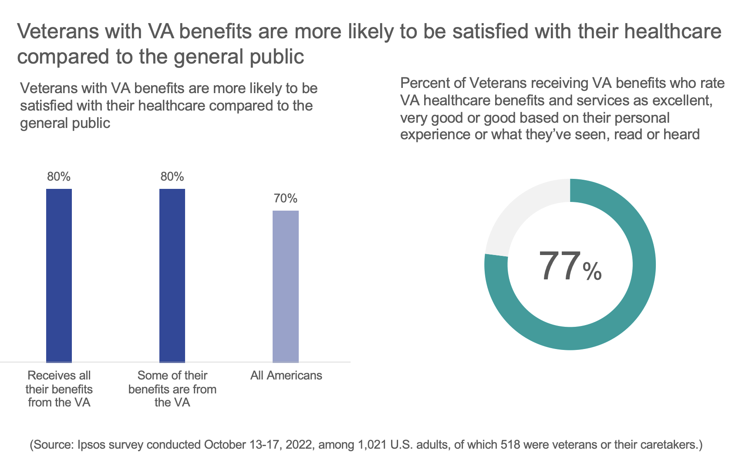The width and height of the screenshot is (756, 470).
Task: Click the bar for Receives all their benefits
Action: click(59, 275)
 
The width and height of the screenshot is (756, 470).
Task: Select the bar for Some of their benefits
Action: click(172, 275)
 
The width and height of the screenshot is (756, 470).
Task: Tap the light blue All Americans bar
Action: click(286, 286)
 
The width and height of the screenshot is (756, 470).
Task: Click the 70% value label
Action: click(286, 198)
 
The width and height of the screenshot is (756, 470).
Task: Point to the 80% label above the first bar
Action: click(59, 177)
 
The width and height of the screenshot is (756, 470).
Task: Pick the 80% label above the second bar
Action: click(172, 177)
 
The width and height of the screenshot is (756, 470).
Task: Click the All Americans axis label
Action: click(286, 376)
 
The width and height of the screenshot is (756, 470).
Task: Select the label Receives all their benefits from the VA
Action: click(59, 389)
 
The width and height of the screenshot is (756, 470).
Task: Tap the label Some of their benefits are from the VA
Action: click(172, 389)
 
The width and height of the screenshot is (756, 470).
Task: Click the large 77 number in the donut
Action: click(559, 266)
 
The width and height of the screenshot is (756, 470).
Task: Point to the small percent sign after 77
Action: click(592, 272)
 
